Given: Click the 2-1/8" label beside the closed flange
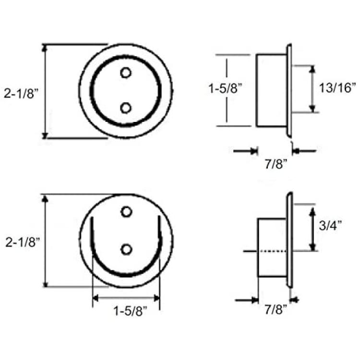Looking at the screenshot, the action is click(21, 94).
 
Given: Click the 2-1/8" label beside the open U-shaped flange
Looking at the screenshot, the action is click(23, 242).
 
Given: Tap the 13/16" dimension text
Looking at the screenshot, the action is click(337, 88).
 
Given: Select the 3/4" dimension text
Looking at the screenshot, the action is click(330, 225).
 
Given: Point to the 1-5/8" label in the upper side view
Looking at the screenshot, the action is click(225, 88).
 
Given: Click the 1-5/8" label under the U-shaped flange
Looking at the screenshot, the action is click(130, 311).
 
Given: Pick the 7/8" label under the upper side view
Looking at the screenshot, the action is click(276, 164).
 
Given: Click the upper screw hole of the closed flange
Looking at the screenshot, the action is click(126, 73).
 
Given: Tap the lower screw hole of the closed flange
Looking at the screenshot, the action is click(126, 108).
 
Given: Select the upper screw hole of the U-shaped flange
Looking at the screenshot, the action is click(126, 212).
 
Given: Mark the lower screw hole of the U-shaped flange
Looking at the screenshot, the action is click(126, 250).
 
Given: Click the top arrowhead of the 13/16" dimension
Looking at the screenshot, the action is click(312, 69).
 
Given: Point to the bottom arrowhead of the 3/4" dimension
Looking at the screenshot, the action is click(312, 247).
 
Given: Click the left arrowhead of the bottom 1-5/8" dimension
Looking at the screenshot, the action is click(96, 298).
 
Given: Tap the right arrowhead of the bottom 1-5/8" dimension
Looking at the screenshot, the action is click(157, 298).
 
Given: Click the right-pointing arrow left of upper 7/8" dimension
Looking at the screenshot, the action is click(245, 151).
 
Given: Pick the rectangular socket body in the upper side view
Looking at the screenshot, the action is click(272, 90).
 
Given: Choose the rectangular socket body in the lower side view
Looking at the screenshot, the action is click(272, 248).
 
